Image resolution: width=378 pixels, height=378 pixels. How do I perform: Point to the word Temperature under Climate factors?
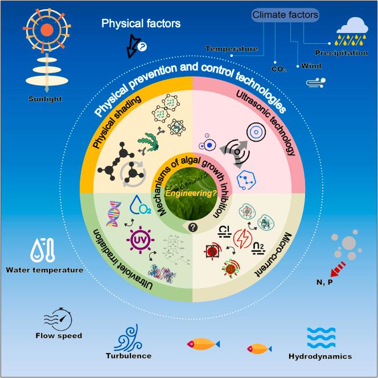coord(231,49)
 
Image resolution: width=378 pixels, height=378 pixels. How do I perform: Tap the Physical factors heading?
coord(141,24)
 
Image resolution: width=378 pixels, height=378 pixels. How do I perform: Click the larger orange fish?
coord(203,343)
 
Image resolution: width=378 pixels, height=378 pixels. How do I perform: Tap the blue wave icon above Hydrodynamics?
coord(321,338)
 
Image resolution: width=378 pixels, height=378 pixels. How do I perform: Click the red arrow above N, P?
coord(331,266)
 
